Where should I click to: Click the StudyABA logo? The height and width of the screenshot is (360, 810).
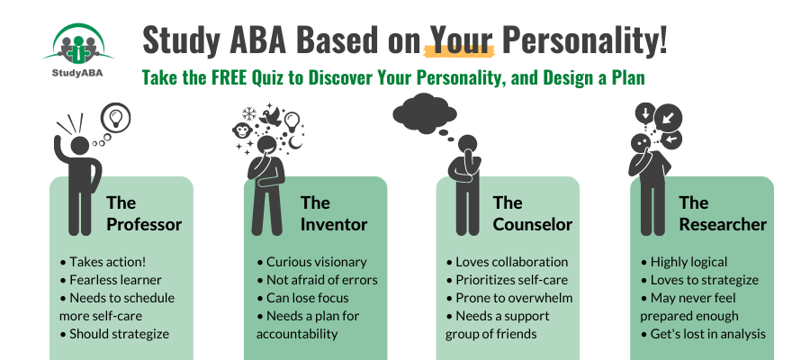(78, 50)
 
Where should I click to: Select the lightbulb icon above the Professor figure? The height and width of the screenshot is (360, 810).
(115, 117)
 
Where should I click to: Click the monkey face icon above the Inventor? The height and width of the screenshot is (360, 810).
(242, 130)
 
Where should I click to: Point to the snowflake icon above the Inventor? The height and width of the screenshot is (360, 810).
(249, 113)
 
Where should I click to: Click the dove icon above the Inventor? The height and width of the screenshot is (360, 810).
(271, 116)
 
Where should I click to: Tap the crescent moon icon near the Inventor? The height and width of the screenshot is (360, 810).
(295, 142)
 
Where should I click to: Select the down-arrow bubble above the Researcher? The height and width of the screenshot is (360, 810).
(644, 113)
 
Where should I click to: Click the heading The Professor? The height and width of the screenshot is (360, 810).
(144, 213)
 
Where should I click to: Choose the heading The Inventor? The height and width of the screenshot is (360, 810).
(334, 213)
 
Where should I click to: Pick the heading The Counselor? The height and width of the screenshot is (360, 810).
(533, 213)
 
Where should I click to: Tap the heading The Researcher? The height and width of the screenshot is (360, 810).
(723, 213)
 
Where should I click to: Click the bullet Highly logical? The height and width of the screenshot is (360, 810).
(684, 262)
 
